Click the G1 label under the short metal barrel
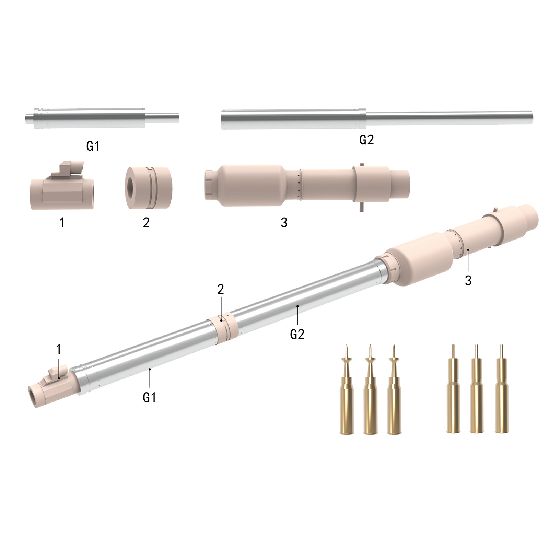[93, 146]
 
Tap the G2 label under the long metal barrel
[366, 140]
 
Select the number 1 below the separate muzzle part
[62, 223]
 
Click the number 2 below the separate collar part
[146, 223]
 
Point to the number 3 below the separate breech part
[284, 223]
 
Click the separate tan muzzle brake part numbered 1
[62, 186]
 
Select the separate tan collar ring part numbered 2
[149, 188]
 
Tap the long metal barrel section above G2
[376, 119]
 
